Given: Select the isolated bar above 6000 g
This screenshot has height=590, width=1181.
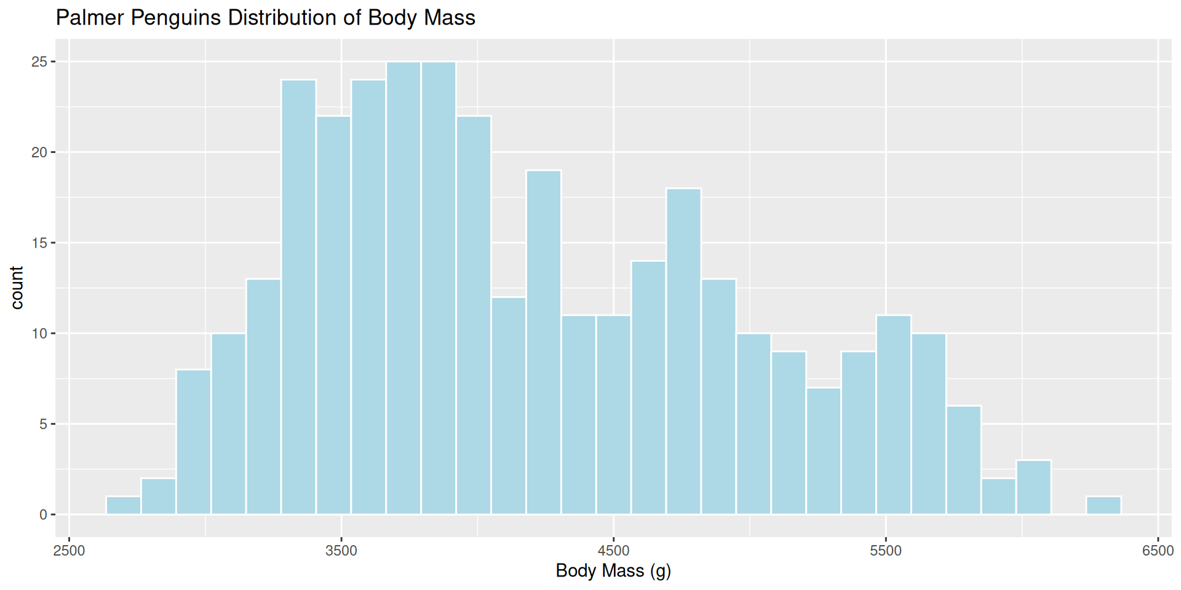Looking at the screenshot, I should pos(1103,505).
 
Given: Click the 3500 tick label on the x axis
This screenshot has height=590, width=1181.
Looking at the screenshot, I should pos(341,551).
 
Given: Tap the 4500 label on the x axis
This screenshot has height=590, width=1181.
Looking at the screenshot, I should pos(613,551).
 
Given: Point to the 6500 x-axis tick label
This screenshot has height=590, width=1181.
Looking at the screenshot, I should pos(1158,551).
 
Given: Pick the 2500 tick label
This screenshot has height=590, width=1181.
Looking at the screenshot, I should pos(70,551).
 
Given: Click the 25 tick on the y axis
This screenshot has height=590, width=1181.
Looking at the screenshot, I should pos(39,62).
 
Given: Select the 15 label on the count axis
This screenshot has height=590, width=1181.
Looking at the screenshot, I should pos(39,243).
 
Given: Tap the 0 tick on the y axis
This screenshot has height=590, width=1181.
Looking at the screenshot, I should pos(43,515).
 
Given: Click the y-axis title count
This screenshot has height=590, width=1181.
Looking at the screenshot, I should pos(17,288).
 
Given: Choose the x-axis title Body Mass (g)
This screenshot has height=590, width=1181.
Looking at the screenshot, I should pos(613,571).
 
